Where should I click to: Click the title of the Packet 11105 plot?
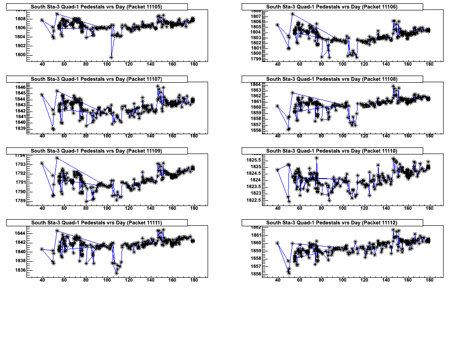coord(96,7)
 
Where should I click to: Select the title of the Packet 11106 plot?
coord(331,7)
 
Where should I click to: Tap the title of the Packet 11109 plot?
coord(96,151)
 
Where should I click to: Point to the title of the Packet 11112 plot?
coord(331,223)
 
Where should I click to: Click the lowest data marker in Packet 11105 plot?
coord(111,57)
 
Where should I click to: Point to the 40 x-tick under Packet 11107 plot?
coord(42,136)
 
